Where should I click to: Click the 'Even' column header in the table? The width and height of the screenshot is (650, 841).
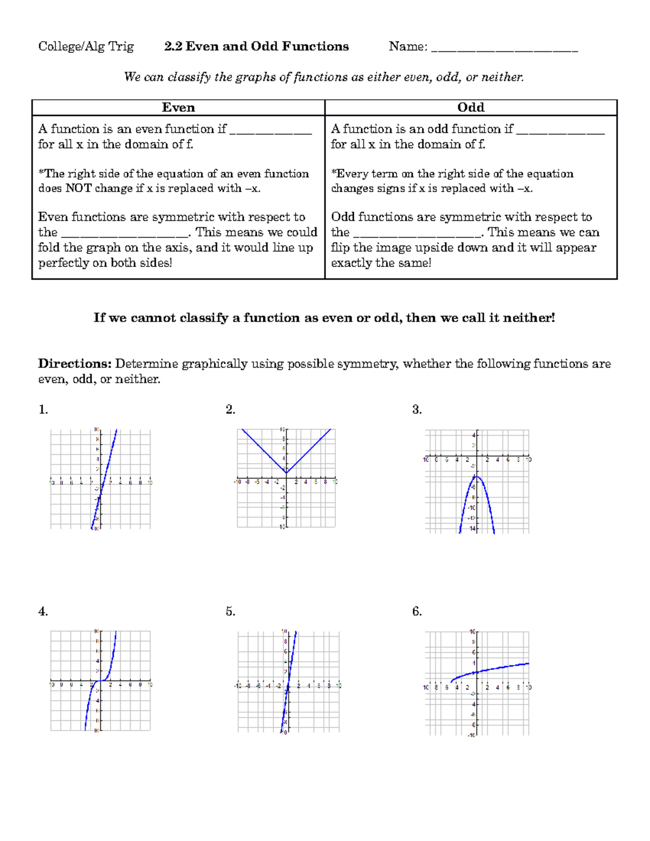[x=178, y=107]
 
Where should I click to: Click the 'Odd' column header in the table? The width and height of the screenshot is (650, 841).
[x=471, y=107]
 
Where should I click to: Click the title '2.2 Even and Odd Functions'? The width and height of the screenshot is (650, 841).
[x=256, y=47]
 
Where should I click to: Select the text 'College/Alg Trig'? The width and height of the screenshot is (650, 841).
[x=86, y=47]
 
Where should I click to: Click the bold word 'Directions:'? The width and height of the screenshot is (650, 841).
[x=74, y=363]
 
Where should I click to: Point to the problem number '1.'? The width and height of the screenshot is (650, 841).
[x=43, y=409]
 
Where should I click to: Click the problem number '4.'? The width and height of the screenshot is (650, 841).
[x=43, y=611]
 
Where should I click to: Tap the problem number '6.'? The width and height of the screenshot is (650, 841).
[x=417, y=611]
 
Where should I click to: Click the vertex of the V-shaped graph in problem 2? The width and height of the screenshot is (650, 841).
[x=287, y=472]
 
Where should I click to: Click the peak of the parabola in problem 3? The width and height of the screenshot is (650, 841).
[x=477, y=476]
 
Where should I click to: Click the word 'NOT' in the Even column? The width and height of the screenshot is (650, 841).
[x=79, y=188]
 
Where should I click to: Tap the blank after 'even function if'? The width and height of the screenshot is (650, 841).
[x=270, y=131]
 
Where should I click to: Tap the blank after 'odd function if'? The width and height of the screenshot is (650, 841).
[x=560, y=131]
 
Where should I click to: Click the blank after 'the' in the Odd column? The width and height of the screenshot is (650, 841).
[x=417, y=234]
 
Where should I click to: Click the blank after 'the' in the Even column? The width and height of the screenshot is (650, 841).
[x=125, y=234]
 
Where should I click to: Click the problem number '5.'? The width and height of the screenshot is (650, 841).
[x=230, y=611]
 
